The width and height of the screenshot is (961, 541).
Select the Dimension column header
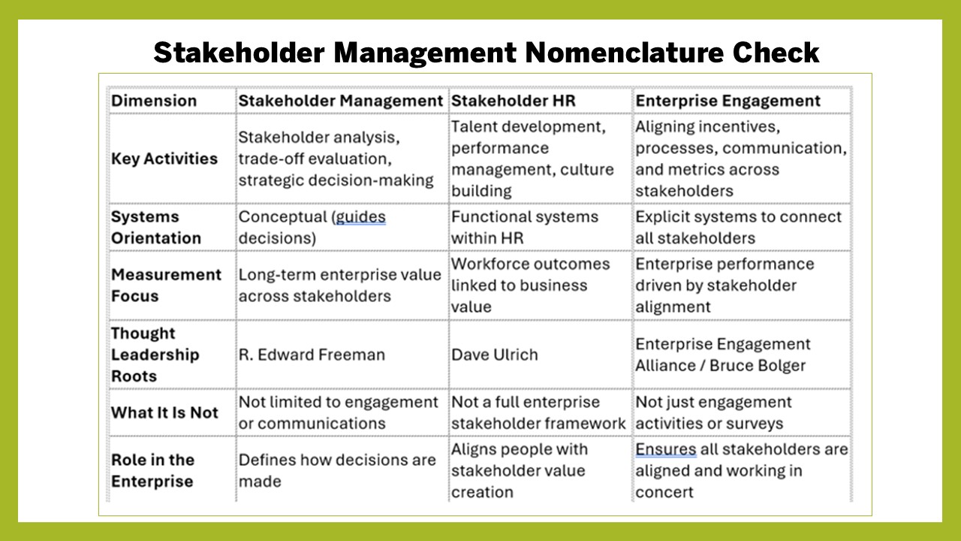tap(154, 101)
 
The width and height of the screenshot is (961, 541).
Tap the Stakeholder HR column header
tap(513, 101)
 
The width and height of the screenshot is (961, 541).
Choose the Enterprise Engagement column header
tap(728, 101)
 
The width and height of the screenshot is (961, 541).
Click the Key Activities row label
tap(164, 159)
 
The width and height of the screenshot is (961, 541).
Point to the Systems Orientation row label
tap(156, 227)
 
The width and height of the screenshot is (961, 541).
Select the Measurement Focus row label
tap(166, 285)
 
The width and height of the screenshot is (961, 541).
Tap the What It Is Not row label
tap(164, 413)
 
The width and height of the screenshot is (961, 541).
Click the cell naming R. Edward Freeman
tap(312, 355)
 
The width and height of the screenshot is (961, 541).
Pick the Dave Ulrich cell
tap(494, 355)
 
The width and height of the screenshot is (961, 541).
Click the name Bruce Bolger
tap(758, 365)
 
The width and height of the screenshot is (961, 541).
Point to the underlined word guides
tap(360, 217)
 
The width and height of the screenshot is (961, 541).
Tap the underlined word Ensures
tap(666, 449)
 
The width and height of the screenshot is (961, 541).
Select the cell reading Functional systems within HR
tap(524, 227)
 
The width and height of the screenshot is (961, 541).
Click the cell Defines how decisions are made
tap(337, 470)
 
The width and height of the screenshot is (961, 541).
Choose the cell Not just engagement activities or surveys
tap(713, 413)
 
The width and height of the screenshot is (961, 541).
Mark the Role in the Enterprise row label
tap(152, 470)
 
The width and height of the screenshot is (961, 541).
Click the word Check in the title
tap(776, 53)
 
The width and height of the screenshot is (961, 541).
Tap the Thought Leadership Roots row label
tap(155, 355)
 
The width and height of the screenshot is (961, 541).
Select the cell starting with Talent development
tap(532, 159)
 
